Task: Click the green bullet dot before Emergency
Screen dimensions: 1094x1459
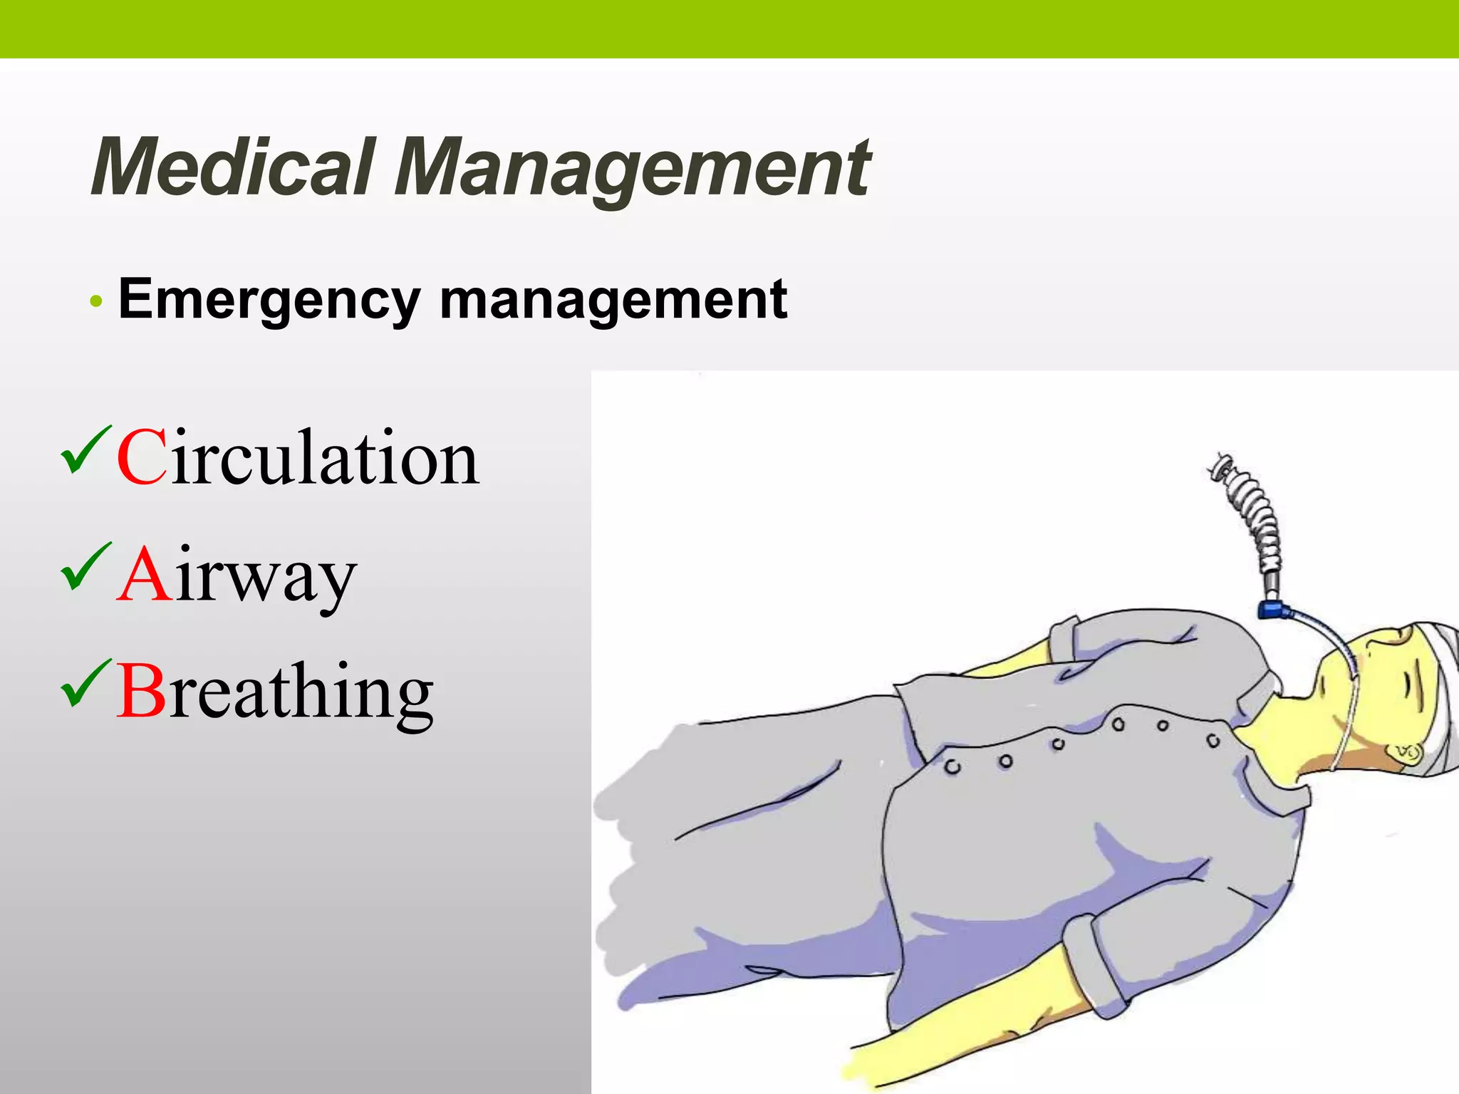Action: click(96, 302)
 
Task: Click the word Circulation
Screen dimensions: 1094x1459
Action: click(298, 457)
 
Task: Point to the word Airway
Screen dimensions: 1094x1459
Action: click(237, 575)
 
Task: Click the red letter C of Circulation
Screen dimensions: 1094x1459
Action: click(142, 458)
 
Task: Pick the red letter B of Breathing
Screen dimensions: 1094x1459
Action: click(141, 691)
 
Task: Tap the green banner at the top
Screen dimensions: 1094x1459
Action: click(729, 28)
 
